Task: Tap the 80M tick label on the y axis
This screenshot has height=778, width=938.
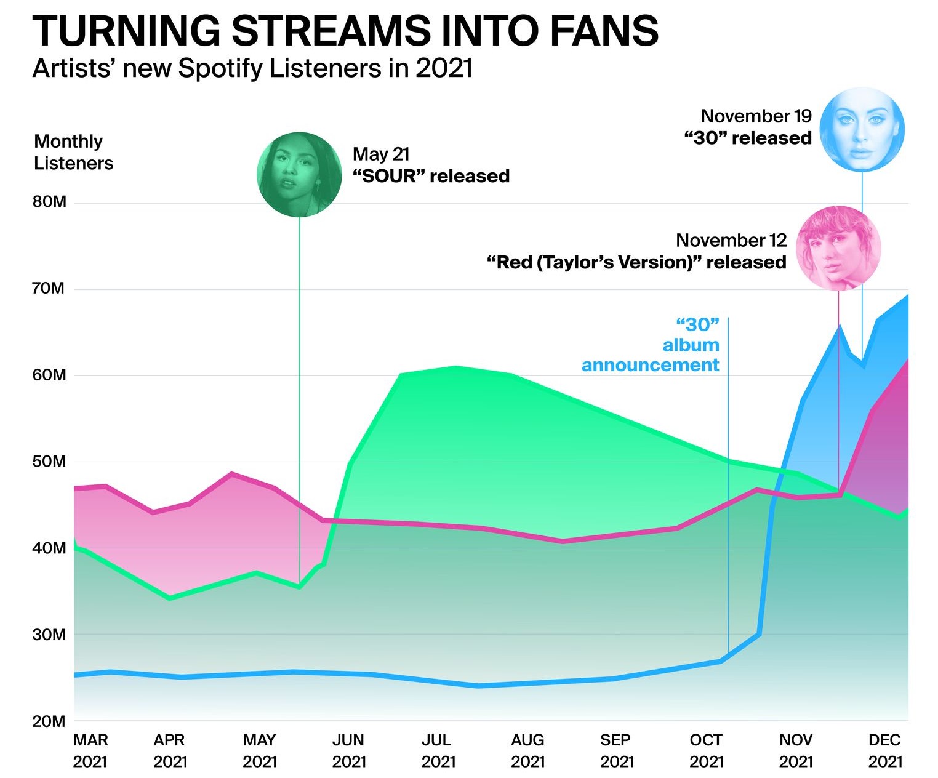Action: [x=49, y=202]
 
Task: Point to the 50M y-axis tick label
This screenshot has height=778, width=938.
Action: [x=49, y=462]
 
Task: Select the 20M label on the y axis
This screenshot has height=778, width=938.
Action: [x=49, y=721]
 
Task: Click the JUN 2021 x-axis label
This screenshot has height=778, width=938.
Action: [x=348, y=750]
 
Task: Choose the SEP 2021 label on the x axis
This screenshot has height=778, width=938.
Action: [x=617, y=750]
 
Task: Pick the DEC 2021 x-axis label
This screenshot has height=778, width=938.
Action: [x=885, y=750]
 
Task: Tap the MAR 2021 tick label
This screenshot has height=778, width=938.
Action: [x=90, y=750]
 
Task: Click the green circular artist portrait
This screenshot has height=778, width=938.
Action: [x=299, y=174]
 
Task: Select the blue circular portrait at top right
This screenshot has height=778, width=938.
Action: [x=862, y=129]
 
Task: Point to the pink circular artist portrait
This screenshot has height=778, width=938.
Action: [x=838, y=248]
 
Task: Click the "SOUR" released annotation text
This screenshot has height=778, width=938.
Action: [x=431, y=176]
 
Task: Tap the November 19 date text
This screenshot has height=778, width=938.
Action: [x=756, y=116]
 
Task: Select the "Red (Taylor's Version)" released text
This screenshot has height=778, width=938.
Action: [x=636, y=262]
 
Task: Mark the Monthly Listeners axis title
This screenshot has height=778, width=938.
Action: [x=73, y=152]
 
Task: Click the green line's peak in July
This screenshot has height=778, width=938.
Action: [x=455, y=367]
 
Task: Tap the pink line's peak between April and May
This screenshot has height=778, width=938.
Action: [x=231, y=473]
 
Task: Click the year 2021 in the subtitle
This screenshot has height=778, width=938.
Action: [x=444, y=68]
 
